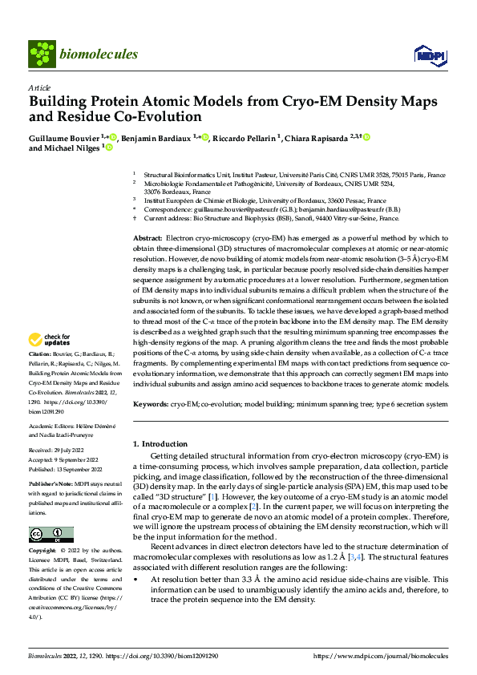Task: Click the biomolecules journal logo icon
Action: point(41,54)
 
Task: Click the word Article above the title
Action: point(39,88)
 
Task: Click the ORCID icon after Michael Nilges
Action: point(108,148)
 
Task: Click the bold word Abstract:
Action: point(147,239)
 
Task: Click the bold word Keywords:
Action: point(150,405)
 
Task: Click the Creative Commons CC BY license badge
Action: point(51,535)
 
